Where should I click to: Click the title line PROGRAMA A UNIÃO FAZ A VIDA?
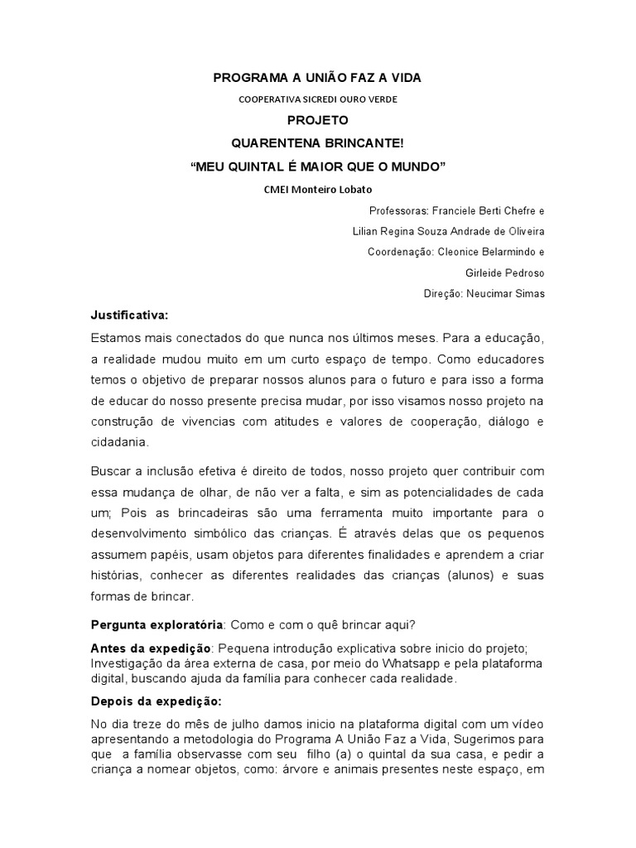(x=318, y=78)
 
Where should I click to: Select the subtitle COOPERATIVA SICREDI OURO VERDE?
(x=318, y=99)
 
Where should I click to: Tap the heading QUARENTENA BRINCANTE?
(x=318, y=142)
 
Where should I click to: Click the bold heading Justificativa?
(x=129, y=315)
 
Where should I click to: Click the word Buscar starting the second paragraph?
(x=110, y=471)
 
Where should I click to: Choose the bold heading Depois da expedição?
(x=151, y=701)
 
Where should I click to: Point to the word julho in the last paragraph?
(x=238, y=725)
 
